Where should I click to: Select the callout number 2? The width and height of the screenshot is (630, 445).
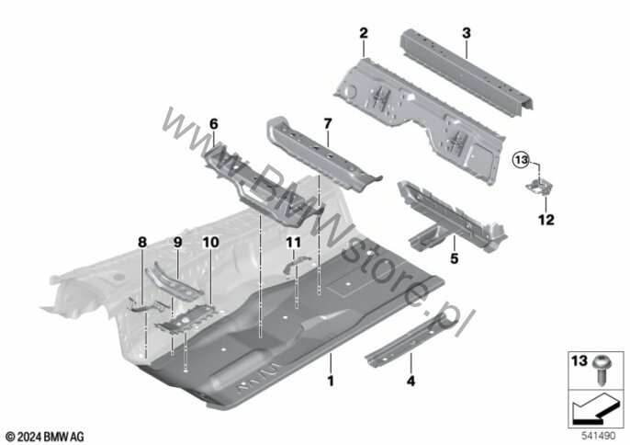tap(364, 33)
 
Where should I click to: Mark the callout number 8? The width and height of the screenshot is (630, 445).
tap(142, 241)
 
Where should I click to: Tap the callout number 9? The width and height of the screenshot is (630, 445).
tap(177, 241)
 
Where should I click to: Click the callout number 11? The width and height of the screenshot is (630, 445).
tap(292, 242)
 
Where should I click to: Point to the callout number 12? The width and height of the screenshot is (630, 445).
tap(546, 220)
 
